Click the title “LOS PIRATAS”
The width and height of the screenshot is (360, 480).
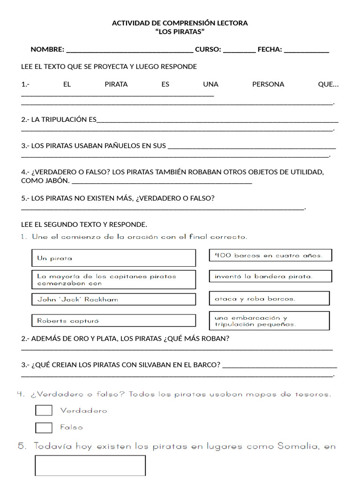point(180,31)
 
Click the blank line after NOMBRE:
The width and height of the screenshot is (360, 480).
point(130,50)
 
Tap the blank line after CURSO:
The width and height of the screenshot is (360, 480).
point(239,50)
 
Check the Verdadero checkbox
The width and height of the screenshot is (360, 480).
point(44,410)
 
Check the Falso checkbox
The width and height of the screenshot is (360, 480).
point(44,427)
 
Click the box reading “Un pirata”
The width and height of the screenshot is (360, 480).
point(113,258)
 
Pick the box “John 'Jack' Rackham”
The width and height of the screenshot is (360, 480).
point(113,299)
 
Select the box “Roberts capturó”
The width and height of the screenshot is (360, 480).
point(113,321)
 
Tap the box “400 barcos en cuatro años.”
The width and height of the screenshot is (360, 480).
point(270,255)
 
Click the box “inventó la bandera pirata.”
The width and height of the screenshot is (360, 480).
point(270,276)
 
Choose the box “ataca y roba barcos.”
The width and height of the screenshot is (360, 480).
point(269,299)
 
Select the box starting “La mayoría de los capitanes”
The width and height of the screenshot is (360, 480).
point(113,279)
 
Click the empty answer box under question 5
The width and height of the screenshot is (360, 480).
point(90,465)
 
